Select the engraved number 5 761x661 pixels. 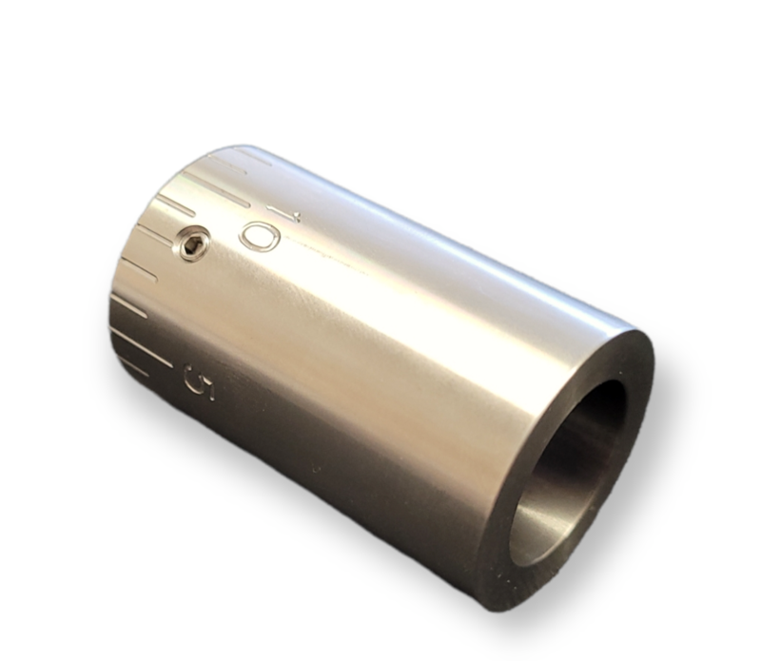tap(201, 381)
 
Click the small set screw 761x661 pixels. tap(192, 245)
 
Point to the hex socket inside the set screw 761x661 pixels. tap(192, 245)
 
